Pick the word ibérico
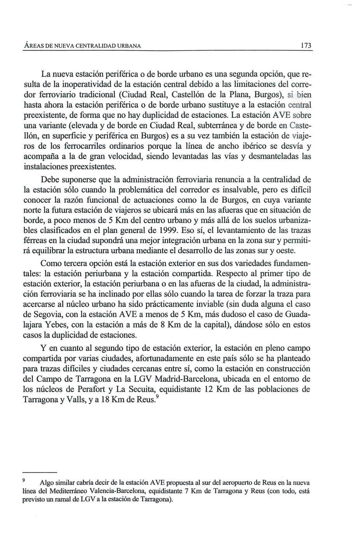[257, 146]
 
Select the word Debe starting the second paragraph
[50, 180]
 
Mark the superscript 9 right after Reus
[157, 397]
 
